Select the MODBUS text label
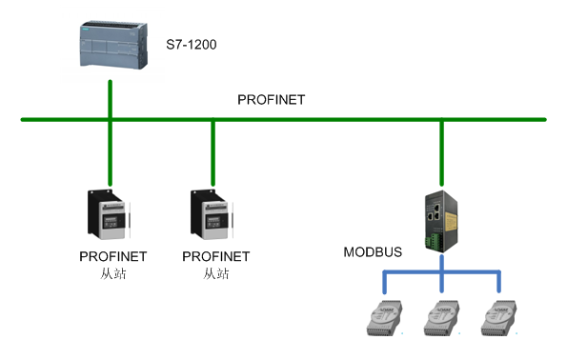(373, 252)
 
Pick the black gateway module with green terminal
(440, 222)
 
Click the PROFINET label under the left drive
(111, 257)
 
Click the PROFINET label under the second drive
(215, 257)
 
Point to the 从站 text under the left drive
(111, 273)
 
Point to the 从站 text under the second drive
(215, 273)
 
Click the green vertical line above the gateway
(440, 152)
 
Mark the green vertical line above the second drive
(213, 152)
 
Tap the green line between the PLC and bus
(111, 100)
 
